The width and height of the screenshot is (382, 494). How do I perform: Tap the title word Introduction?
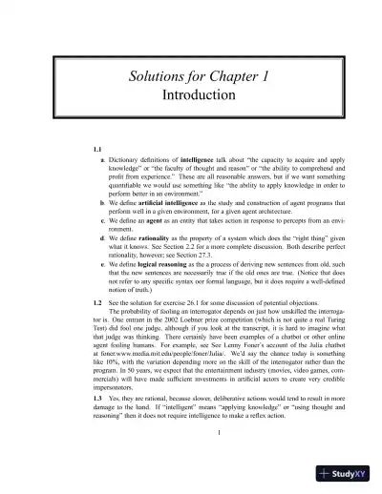[x=191, y=95]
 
